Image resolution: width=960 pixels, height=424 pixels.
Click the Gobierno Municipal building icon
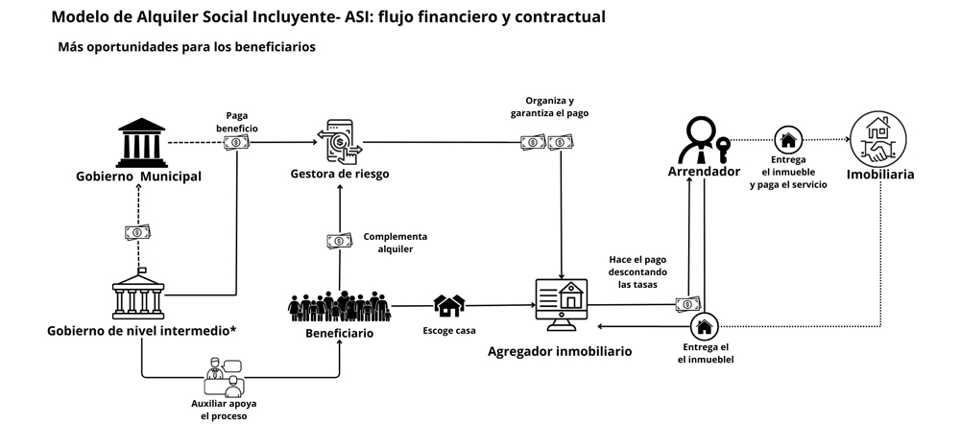click(x=140, y=142)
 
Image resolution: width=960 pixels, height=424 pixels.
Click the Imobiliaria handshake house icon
click(x=878, y=139)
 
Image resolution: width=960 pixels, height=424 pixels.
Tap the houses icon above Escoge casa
click(x=449, y=306)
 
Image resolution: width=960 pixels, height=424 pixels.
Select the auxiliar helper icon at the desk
click(x=224, y=378)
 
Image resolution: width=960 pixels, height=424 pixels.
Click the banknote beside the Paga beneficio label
click(x=233, y=142)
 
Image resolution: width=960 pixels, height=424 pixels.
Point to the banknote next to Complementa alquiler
click(x=340, y=241)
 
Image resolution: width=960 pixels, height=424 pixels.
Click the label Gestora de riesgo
click(x=339, y=173)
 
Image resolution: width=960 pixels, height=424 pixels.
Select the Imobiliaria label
click(x=879, y=175)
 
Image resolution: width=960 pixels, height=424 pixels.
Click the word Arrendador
click(x=704, y=172)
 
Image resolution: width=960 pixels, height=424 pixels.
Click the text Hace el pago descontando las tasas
click(x=637, y=271)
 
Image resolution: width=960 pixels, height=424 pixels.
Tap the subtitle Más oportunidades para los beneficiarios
click(x=186, y=47)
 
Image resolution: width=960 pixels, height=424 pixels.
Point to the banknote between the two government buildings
click(x=137, y=231)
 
